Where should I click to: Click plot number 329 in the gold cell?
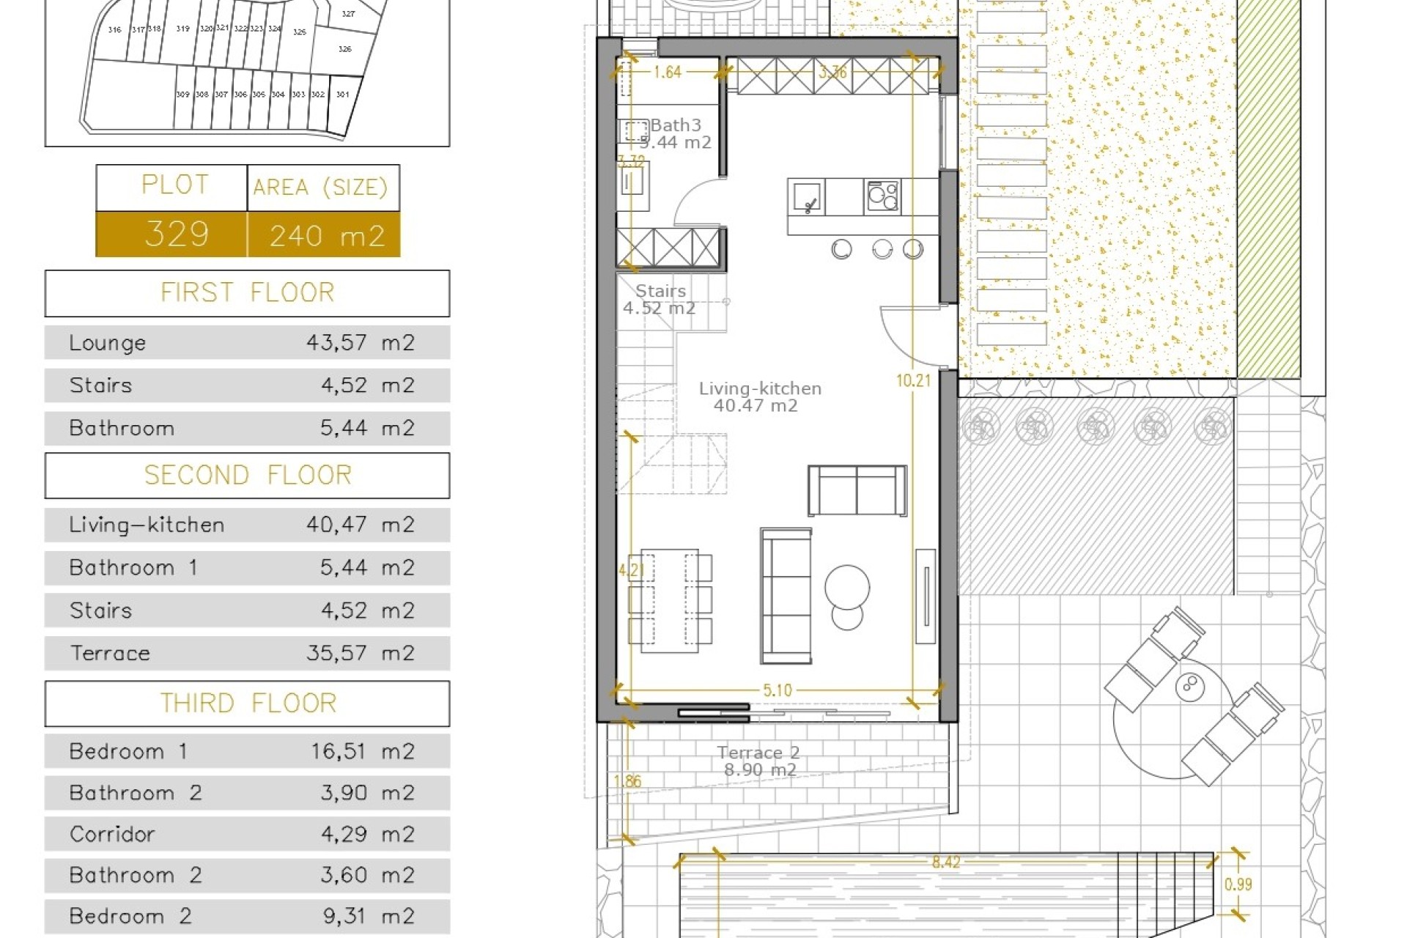[177, 234]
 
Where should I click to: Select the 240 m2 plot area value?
[327, 236]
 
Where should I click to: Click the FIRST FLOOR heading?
[248, 293]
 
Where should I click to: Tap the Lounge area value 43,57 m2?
[361, 343]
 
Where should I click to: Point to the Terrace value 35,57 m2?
[361, 653]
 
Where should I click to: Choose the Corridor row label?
[112, 835]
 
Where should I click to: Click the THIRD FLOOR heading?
[248, 703]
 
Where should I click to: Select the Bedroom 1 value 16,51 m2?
[362, 752]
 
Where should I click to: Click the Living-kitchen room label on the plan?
[760, 389]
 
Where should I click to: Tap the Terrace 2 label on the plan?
[758, 753]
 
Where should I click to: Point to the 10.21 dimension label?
[913, 380]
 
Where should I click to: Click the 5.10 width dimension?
[778, 690]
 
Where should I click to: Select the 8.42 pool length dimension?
[946, 863]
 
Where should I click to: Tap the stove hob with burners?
[882, 196]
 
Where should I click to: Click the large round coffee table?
[847, 587]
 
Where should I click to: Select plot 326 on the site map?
[345, 49]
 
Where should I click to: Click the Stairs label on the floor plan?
[660, 291]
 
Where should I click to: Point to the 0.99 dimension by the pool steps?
[1238, 885]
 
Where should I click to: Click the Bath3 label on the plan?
[676, 125]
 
